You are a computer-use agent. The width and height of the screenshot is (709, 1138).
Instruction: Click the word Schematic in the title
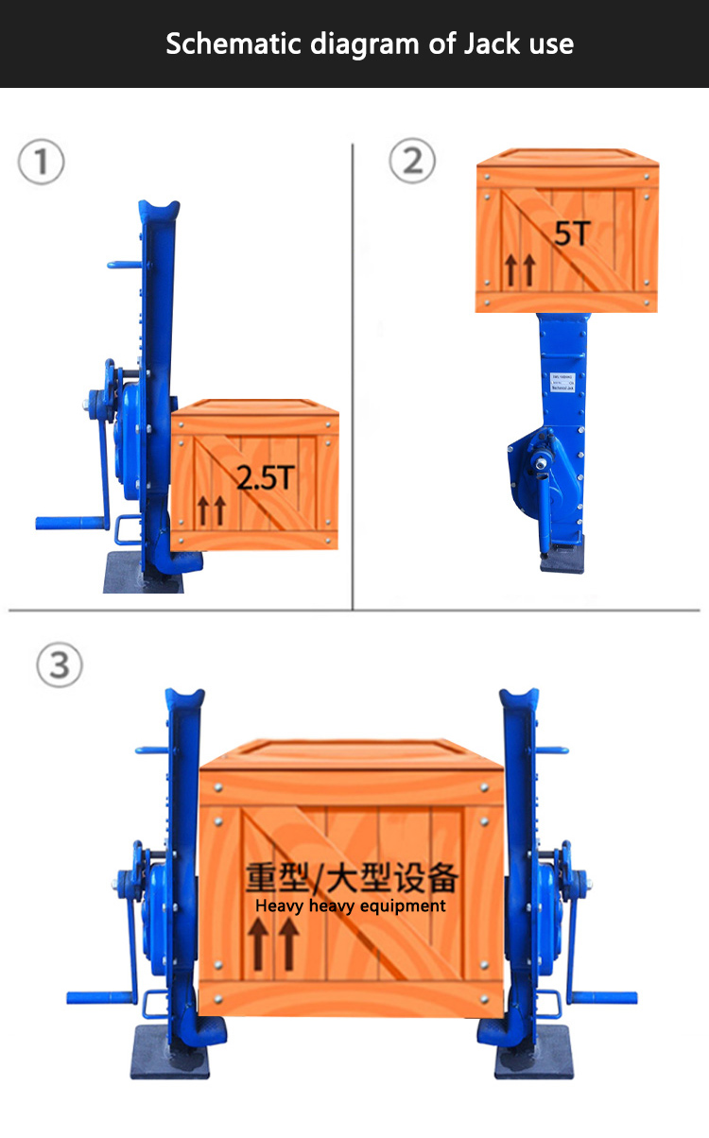coord(223,43)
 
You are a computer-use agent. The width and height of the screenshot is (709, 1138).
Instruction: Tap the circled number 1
coord(42,162)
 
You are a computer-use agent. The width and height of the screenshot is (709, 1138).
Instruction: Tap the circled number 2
coord(412,162)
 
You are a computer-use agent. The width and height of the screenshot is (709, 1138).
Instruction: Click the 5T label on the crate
coord(571,233)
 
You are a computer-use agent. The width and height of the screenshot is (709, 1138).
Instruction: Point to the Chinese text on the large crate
coord(351,877)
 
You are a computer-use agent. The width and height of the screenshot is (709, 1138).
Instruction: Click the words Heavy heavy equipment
coord(350,905)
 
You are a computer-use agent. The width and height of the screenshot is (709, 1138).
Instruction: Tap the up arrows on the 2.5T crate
coord(212,511)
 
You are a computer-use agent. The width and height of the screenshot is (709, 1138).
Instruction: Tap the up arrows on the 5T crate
coord(519,270)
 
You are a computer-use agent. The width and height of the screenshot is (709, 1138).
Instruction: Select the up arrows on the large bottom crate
coord(273,946)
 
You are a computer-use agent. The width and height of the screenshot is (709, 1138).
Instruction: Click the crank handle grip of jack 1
coord(66,522)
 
